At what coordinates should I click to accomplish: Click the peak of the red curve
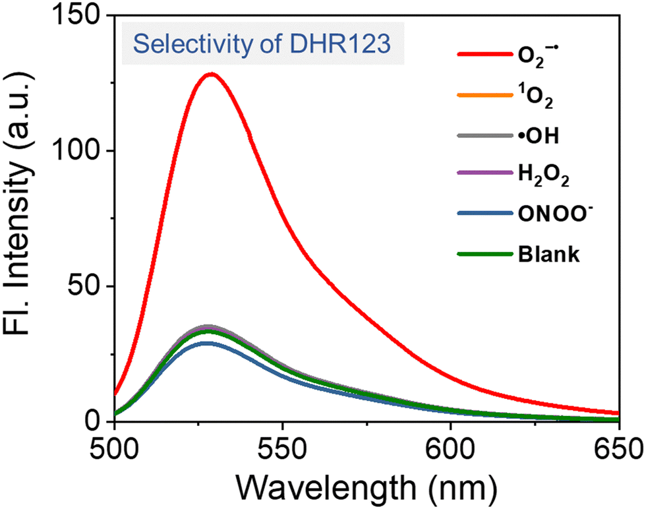(211, 74)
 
